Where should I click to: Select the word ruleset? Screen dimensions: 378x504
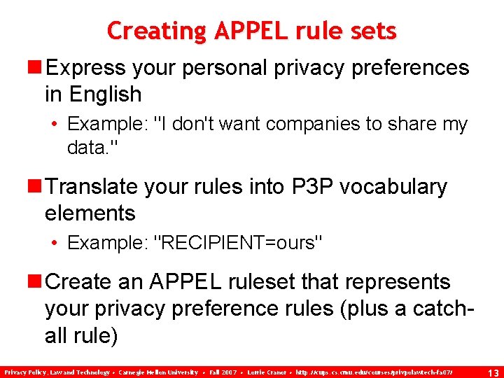(262, 282)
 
